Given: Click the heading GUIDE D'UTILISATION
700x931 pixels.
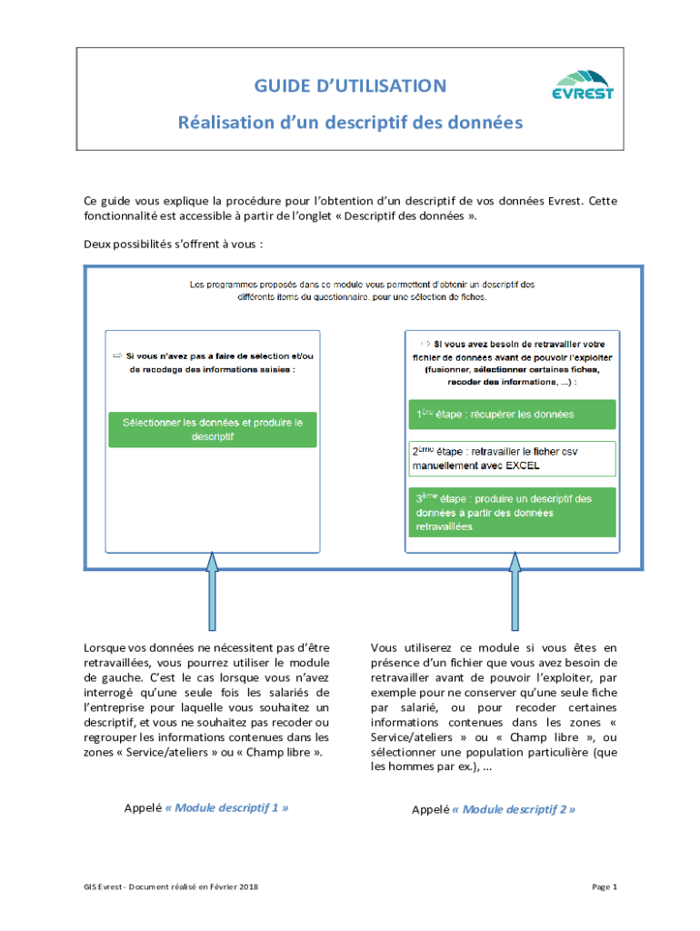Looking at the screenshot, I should click(x=350, y=86).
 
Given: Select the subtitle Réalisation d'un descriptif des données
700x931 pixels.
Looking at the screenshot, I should click(x=350, y=122).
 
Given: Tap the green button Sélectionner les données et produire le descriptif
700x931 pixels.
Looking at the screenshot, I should click(x=213, y=429).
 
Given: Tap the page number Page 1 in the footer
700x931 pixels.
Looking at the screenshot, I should click(x=605, y=886).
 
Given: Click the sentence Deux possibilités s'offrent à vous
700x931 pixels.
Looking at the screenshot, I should click(x=174, y=244).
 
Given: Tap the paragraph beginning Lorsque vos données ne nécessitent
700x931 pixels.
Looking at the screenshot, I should click(x=206, y=700).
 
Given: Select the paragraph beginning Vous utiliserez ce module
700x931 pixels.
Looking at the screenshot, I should click(x=494, y=707).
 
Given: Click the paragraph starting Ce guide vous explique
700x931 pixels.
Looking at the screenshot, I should click(x=350, y=208).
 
